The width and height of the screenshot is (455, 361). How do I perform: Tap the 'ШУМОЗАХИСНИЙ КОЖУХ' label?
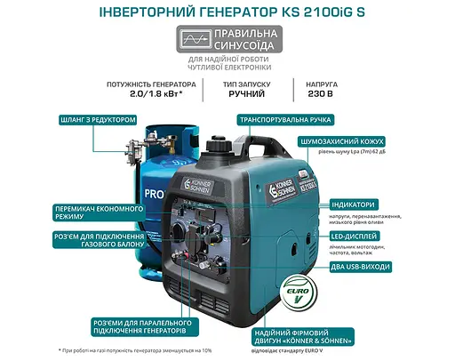click(x=347, y=141)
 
